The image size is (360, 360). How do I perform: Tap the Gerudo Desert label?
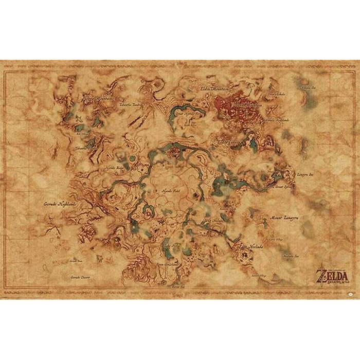click(x=82, y=277)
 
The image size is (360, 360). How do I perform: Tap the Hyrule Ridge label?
click(x=115, y=168)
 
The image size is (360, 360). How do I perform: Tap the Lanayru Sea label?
click(x=310, y=174)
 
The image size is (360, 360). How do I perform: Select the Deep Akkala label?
click(x=276, y=95)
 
